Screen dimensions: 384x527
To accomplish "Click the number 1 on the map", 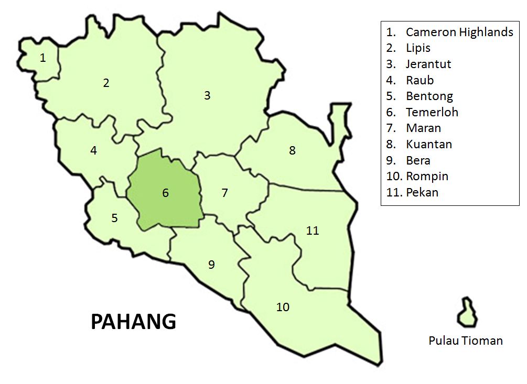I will click(42, 58).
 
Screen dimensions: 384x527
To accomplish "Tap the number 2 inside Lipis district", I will click(106, 83).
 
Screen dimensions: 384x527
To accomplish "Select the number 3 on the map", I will click(207, 95).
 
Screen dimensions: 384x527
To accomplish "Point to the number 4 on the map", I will click(93, 151).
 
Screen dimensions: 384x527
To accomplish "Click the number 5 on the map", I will click(114, 218).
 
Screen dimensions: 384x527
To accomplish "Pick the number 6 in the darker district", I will click(165, 193).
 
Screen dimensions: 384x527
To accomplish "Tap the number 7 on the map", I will click(224, 193).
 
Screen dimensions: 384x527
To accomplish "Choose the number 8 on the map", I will click(292, 151).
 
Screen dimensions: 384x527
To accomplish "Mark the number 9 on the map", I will click(211, 265).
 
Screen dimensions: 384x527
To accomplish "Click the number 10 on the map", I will click(283, 307).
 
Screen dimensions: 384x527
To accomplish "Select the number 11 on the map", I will click(313, 231).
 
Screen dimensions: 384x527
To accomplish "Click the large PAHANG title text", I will click(133, 322).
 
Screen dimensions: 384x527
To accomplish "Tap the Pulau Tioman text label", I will click(466, 341).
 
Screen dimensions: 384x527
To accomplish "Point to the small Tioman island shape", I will click(465, 313).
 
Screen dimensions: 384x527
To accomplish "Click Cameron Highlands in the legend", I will click(459, 32).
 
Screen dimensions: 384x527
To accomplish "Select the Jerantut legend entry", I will click(428, 64).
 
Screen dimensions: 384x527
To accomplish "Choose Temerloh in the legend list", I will click(432, 112).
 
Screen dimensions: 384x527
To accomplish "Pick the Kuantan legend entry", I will click(428, 144).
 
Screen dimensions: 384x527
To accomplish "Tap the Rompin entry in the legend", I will click(427, 176).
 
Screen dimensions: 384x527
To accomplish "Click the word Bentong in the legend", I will click(429, 96).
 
